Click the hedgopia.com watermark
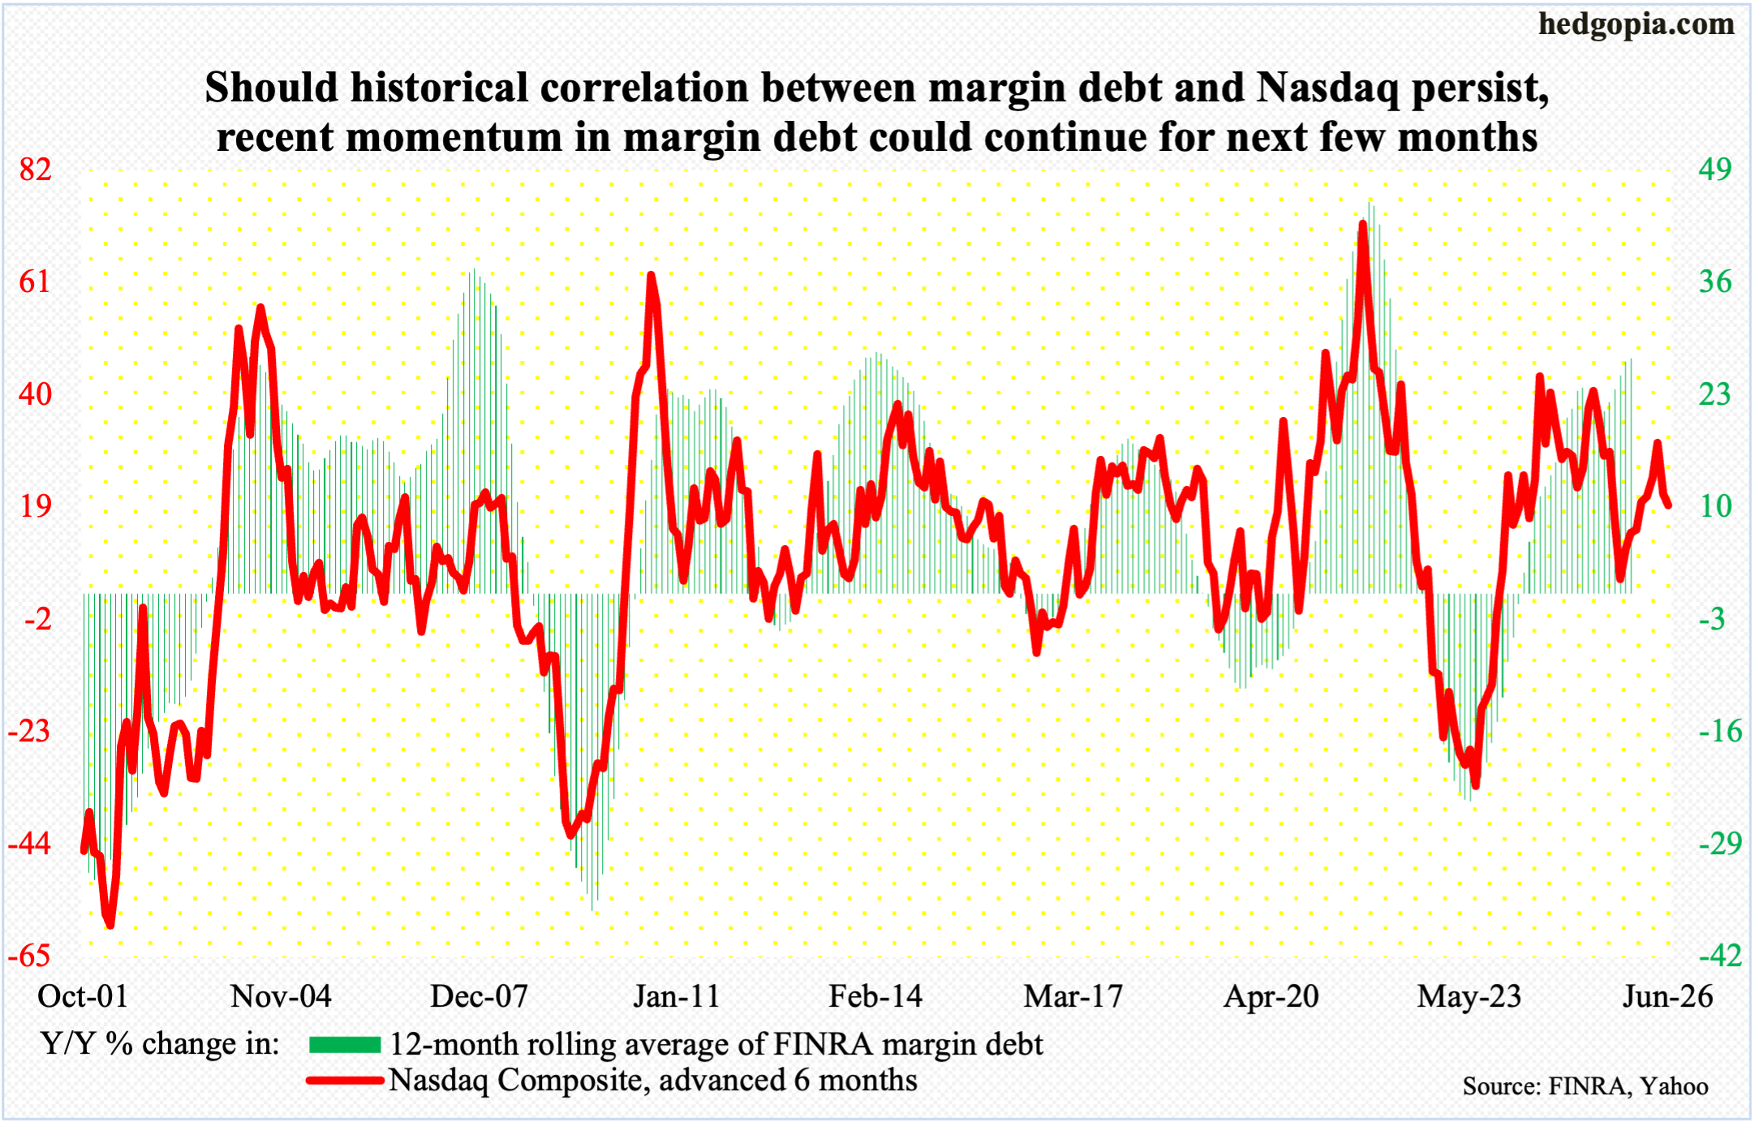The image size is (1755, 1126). pyautogui.click(x=1636, y=24)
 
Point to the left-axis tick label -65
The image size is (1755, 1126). pyautogui.click(x=30, y=955)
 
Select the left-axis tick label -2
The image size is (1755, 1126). pyautogui.click(x=37, y=619)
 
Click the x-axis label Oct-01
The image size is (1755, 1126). pyautogui.click(x=83, y=996)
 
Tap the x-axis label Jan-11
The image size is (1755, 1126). pyautogui.click(x=677, y=996)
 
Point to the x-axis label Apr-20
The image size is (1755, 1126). pyautogui.click(x=1271, y=996)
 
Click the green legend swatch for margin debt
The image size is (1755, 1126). pyautogui.click(x=344, y=1045)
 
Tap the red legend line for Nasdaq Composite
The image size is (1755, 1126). pyautogui.click(x=344, y=1081)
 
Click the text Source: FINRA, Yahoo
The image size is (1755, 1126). pyautogui.click(x=1585, y=1086)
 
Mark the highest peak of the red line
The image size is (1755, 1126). pyautogui.click(x=1363, y=224)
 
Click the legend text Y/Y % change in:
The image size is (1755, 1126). pyautogui.click(x=160, y=1044)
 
